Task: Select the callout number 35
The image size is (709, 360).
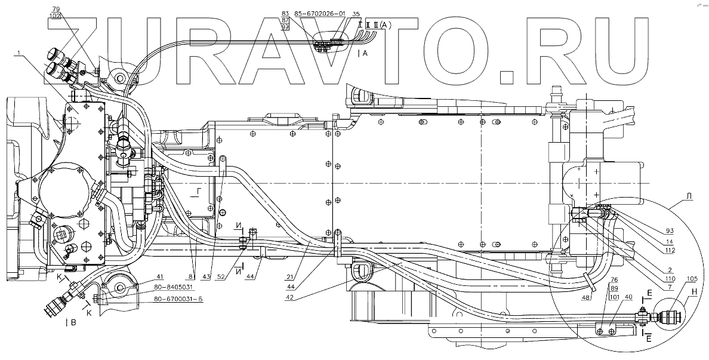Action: [x=356, y=13]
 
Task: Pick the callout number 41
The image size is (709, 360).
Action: [x=143, y=277]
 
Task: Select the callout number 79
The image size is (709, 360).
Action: [x=56, y=9]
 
